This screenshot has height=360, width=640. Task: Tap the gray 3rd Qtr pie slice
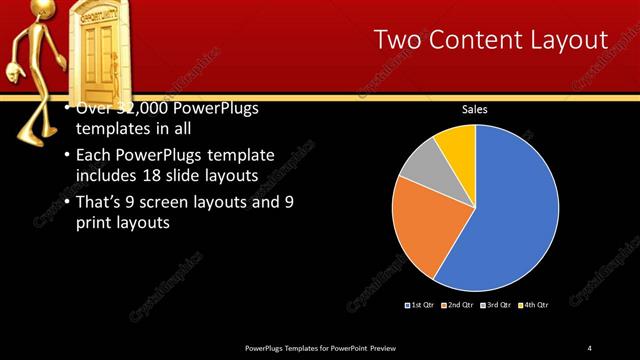tap(421, 165)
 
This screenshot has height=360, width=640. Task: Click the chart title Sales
tap(474, 110)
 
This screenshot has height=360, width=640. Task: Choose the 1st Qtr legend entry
tap(419, 304)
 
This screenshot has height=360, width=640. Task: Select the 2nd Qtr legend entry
tap(459, 304)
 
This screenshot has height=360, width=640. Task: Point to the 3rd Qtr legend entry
tap(498, 304)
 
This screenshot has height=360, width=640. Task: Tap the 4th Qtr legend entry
tap(536, 304)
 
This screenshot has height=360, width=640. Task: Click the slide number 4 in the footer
tap(590, 347)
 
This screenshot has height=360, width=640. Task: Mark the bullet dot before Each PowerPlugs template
tap(66, 157)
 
